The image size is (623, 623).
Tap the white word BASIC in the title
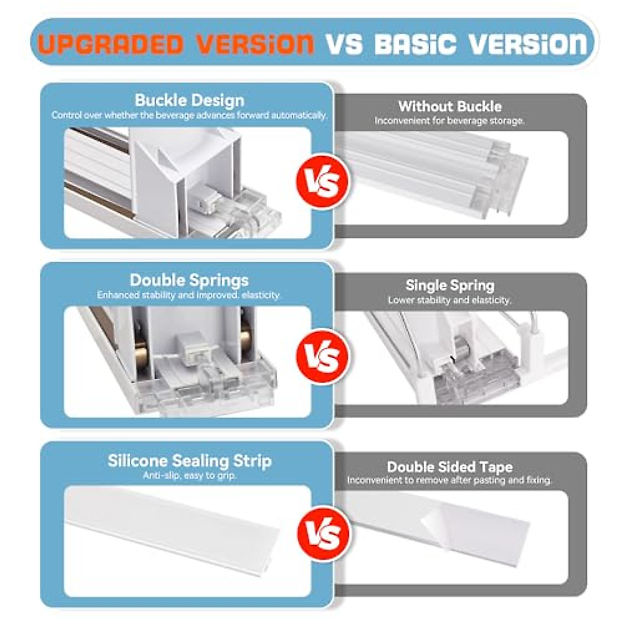(415, 44)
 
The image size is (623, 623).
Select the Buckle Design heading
(189, 100)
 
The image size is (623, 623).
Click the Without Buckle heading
(450, 106)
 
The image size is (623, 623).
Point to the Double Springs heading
(189, 280)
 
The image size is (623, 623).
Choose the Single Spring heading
(450, 286)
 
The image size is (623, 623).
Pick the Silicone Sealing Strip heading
(189, 461)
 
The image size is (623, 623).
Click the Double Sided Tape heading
(450, 467)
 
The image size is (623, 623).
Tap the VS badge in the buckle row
(322, 182)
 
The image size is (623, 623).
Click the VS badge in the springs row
(322, 357)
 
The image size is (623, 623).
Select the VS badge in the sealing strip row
(322, 533)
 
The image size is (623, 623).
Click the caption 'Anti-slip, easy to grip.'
(189, 476)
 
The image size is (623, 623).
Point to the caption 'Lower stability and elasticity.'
(450, 300)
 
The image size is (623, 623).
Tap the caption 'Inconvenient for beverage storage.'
(450, 120)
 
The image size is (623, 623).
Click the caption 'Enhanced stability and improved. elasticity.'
(189, 295)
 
